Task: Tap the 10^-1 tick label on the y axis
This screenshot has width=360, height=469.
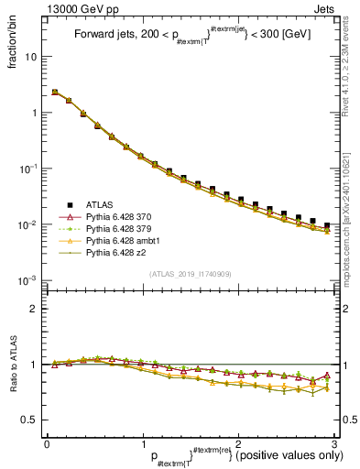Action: (x=29, y=169)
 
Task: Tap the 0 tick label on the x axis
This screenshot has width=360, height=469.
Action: (x=47, y=443)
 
